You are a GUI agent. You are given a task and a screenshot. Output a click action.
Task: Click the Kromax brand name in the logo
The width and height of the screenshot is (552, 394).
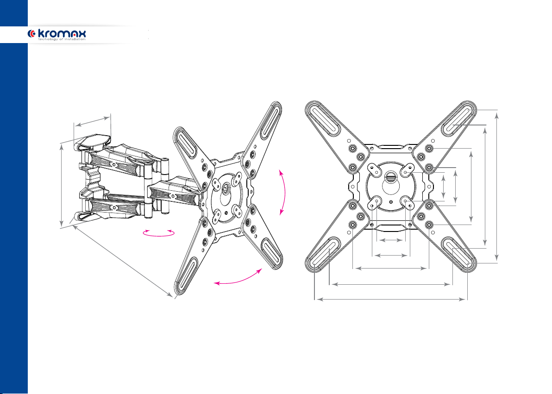point(62,34)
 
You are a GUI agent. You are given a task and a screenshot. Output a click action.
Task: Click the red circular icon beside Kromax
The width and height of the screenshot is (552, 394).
point(31,34)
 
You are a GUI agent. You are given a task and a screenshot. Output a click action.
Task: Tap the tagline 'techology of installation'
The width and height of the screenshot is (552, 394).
point(62,39)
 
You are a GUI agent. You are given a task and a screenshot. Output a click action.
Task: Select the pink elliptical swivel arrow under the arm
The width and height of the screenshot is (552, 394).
point(159,233)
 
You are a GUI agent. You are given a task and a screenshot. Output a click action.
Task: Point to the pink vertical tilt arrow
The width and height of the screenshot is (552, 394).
point(284,192)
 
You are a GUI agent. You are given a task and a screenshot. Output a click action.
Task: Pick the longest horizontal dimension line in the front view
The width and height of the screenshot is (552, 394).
point(391,299)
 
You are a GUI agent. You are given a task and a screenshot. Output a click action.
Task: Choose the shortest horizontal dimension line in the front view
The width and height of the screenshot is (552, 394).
point(391,240)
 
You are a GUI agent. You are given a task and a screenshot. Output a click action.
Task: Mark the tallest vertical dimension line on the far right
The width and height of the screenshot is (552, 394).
point(497,187)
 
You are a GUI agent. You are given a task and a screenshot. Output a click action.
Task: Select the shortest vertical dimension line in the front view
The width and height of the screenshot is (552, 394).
point(444,187)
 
